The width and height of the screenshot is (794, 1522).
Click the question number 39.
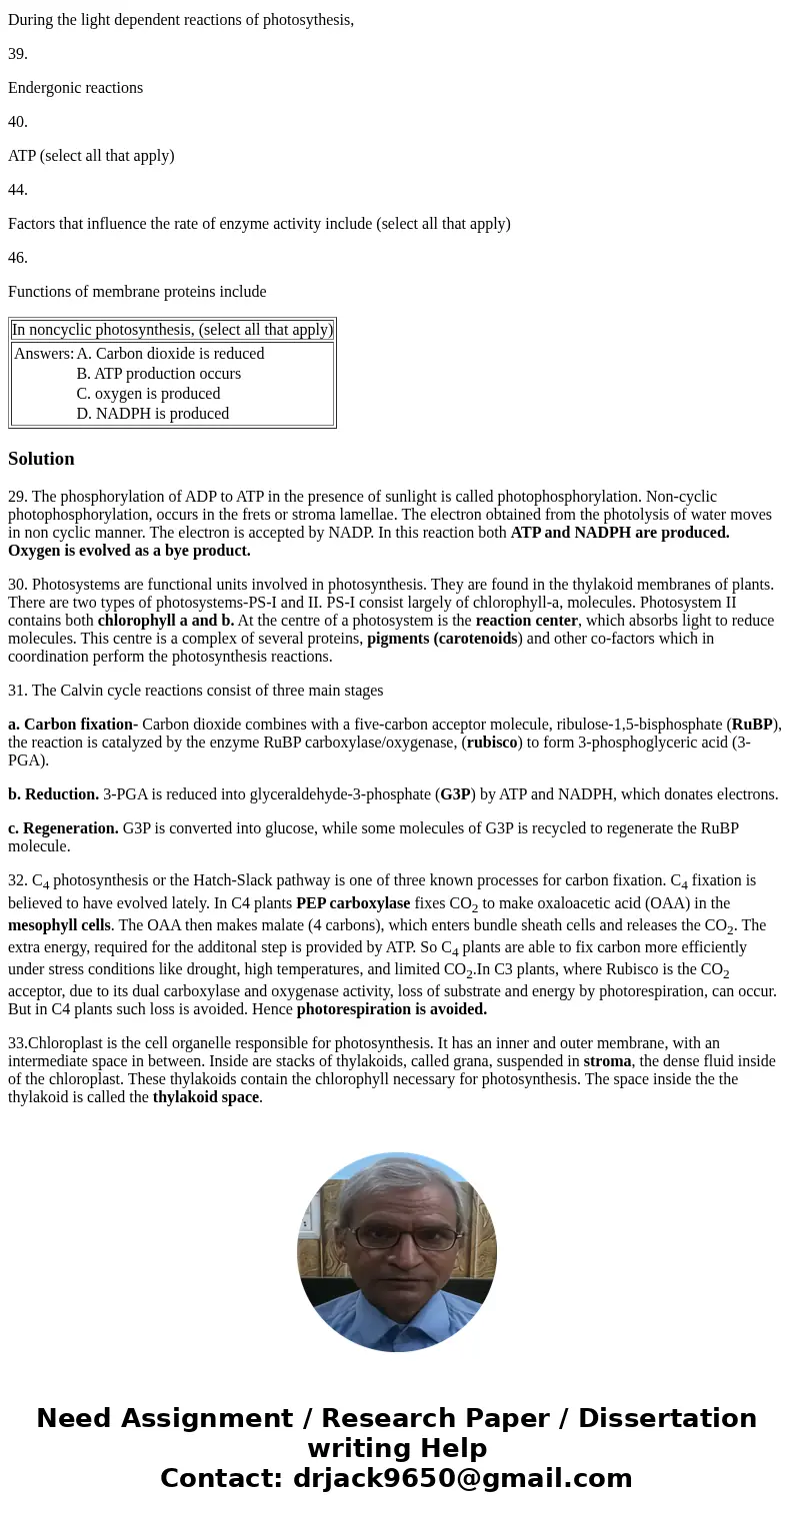(18, 54)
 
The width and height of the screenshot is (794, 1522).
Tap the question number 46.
(18, 258)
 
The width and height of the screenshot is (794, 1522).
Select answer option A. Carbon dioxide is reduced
(170, 354)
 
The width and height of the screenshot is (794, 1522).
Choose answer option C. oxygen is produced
(148, 394)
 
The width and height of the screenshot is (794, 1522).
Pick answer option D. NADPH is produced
(152, 414)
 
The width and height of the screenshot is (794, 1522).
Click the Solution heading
(41, 459)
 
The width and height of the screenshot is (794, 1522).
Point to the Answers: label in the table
(44, 354)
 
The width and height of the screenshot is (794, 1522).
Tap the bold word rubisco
(492, 743)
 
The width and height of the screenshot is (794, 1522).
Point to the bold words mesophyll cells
(59, 925)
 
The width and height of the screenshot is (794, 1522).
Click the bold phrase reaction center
(526, 621)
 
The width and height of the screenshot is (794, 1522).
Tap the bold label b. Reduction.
(53, 794)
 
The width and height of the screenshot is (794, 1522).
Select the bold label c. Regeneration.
(63, 828)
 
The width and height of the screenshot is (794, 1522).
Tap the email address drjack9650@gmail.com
(462, 1479)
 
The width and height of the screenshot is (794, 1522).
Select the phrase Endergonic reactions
(75, 88)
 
